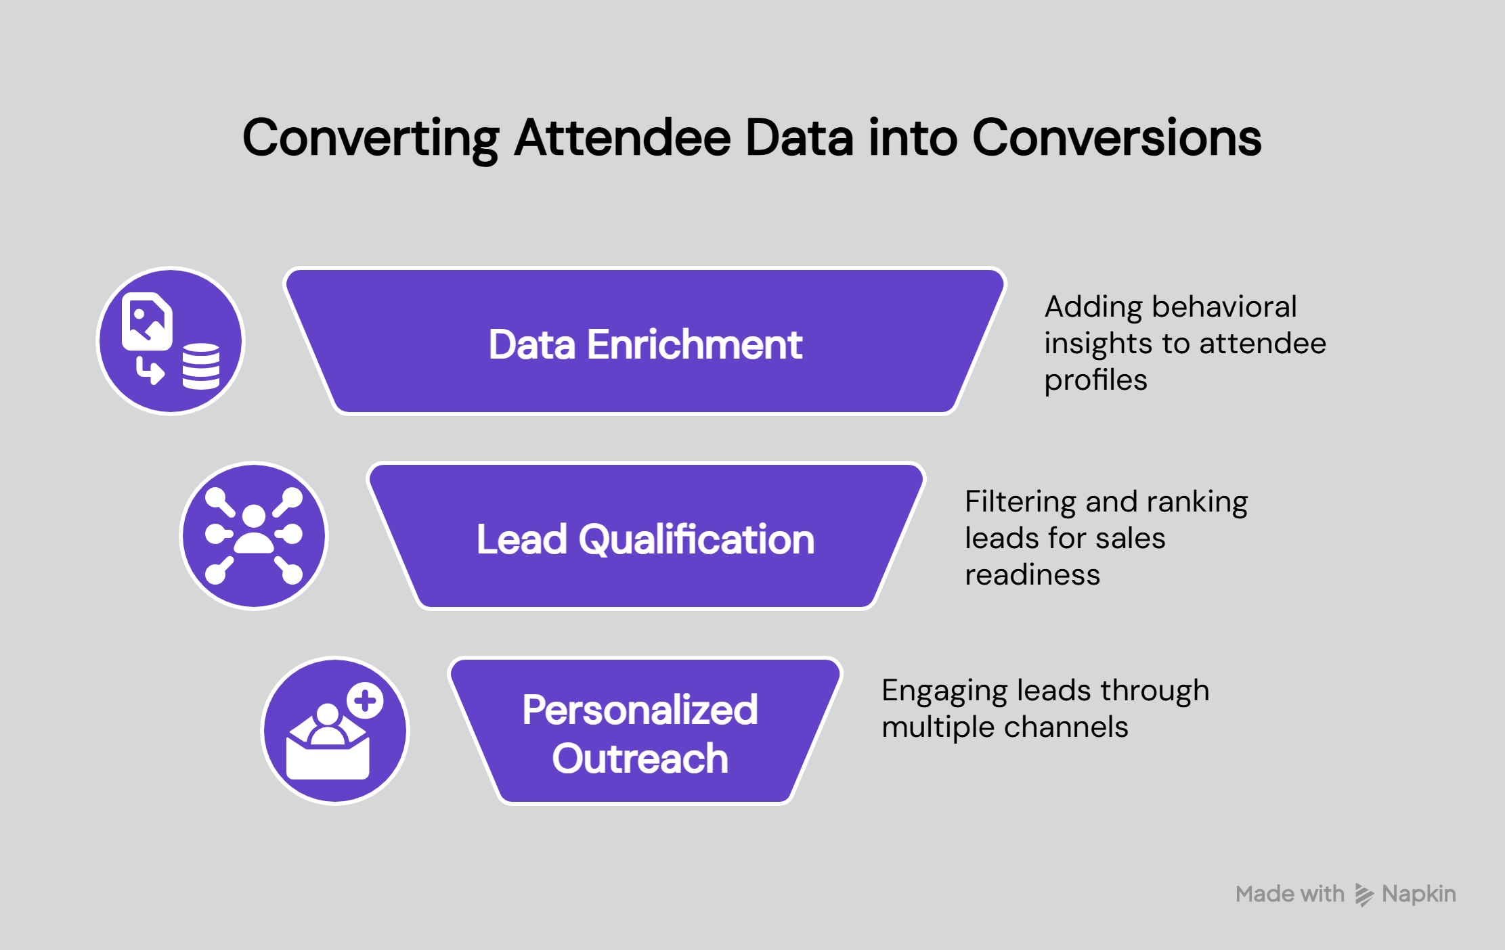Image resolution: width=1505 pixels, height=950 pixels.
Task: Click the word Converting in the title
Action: point(370,138)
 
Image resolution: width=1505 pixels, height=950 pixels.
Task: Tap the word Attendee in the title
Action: point(622,138)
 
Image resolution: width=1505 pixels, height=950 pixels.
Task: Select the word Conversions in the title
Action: point(1116,138)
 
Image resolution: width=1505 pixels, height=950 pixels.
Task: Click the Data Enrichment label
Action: point(645,344)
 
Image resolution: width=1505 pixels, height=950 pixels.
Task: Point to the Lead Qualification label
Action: point(645,539)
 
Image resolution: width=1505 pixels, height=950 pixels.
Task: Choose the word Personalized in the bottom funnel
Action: point(640,710)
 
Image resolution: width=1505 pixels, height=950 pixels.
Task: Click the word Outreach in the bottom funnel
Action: point(640,759)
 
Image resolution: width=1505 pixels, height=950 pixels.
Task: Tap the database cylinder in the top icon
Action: point(201,366)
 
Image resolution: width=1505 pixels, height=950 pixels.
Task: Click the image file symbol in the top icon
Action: point(147,321)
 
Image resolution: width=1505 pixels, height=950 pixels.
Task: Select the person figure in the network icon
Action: point(254,529)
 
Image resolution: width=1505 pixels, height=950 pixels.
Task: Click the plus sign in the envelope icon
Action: point(366,700)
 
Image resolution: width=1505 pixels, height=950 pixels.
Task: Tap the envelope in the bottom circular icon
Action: point(328,754)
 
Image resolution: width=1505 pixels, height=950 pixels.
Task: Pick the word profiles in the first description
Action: point(1095,380)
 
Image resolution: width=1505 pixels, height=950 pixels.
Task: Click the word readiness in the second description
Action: point(1032,575)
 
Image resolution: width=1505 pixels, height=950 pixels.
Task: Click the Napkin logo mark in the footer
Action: point(1364,895)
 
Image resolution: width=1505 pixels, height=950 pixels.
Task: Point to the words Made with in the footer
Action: point(1290,895)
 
